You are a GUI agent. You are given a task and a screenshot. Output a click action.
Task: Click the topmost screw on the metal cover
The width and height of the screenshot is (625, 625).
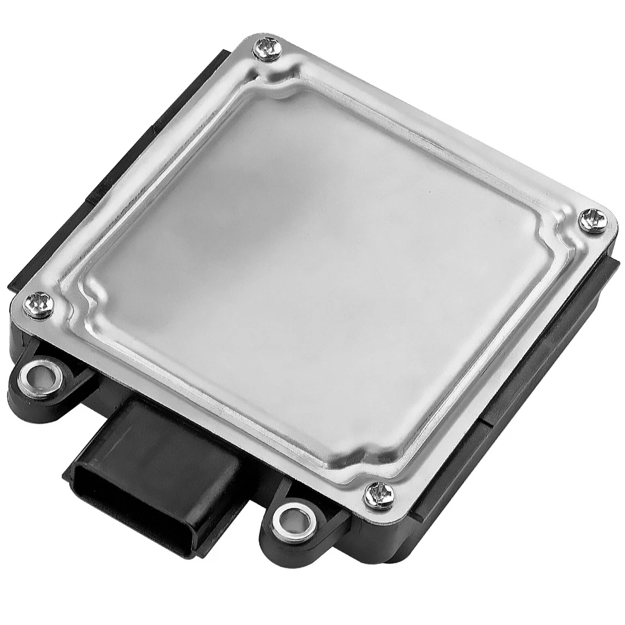(x=267, y=49)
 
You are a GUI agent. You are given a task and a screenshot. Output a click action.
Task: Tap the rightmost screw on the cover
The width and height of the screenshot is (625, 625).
(x=592, y=220)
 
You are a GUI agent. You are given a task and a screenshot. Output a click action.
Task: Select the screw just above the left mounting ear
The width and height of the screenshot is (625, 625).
(x=38, y=304)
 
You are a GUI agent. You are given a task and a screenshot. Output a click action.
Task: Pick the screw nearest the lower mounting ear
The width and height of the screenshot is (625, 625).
(x=378, y=495)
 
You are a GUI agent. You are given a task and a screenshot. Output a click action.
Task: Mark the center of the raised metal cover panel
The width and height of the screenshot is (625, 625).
(x=319, y=273)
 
